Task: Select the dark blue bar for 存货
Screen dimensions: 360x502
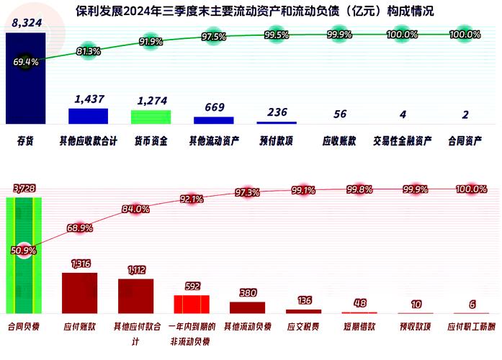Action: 25,79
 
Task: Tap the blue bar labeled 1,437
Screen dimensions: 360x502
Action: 88,116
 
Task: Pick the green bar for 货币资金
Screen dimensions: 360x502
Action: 151,117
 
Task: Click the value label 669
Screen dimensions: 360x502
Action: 214,108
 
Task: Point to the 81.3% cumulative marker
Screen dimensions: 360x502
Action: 88,51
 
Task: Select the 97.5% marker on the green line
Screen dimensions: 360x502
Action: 214,37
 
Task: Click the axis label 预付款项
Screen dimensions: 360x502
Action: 277,141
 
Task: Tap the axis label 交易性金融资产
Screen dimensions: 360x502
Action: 403,141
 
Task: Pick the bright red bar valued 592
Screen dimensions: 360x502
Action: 192,304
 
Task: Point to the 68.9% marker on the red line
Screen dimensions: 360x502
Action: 80,228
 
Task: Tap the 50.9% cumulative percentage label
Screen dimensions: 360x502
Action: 24,251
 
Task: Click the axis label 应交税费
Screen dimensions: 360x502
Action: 303,326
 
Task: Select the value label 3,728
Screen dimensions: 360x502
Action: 24,189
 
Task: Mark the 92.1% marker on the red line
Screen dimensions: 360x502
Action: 192,199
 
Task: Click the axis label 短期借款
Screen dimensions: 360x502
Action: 359,326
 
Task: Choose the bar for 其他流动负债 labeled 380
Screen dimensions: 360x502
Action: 247,307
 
